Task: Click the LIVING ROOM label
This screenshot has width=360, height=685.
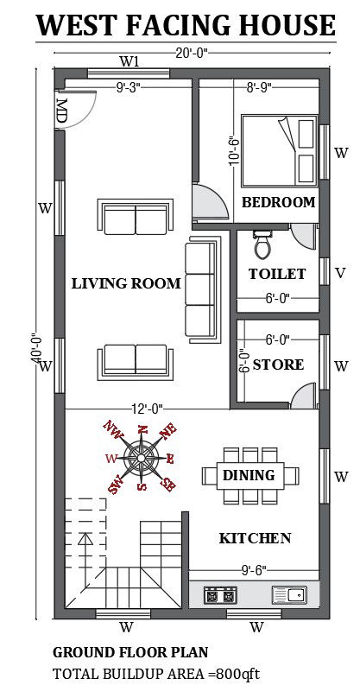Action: (126, 283)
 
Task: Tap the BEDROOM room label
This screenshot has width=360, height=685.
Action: (278, 202)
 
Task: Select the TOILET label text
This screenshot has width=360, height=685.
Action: (277, 274)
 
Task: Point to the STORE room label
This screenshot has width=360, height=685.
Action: (278, 365)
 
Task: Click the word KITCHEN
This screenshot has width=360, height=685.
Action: (255, 538)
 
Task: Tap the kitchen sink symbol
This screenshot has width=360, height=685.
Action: (288, 594)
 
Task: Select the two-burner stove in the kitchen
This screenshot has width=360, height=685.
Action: (219, 594)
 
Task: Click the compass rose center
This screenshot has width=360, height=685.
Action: (141, 457)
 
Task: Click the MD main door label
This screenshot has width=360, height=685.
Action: (62, 111)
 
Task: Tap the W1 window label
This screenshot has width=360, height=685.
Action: (129, 61)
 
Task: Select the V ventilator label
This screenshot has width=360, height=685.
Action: (340, 274)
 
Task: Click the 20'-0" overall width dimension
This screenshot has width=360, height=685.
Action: (192, 50)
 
